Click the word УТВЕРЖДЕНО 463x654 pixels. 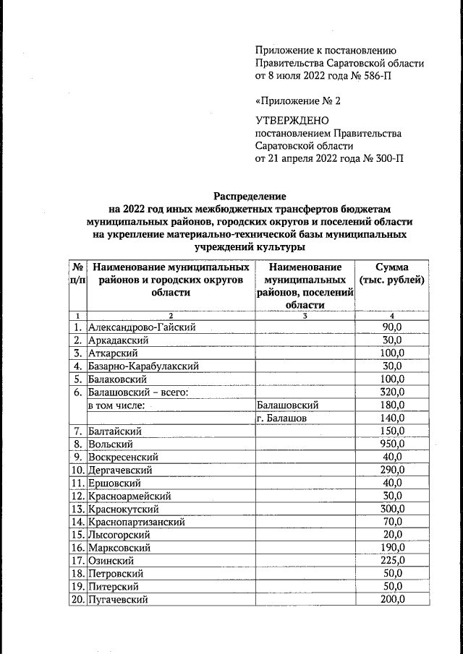click(292, 120)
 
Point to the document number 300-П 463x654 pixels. click(384, 158)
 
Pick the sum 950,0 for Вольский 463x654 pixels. click(391, 444)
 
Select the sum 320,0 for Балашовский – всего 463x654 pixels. click(391, 392)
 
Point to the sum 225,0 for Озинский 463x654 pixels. click(391, 560)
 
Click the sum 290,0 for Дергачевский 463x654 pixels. click(391, 470)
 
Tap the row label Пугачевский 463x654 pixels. click(118, 599)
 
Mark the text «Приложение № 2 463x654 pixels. click(297, 100)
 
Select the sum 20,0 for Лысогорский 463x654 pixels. click(391, 534)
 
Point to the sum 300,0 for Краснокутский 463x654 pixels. click(391, 508)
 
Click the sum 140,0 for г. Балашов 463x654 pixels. click(391, 418)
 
